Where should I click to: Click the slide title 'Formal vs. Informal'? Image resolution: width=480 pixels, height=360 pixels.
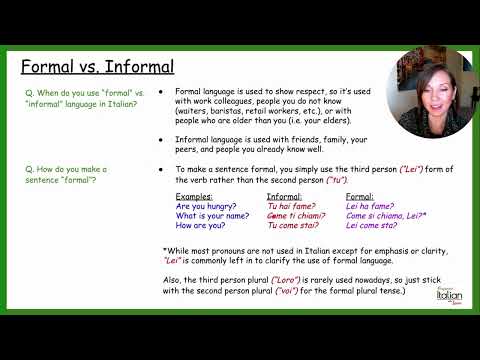point(98,68)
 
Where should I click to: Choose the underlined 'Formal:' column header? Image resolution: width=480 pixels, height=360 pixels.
point(359,198)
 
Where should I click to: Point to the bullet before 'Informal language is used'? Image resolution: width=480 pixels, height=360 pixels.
point(162,140)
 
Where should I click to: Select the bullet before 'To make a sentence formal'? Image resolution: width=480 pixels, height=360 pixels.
point(162,171)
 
